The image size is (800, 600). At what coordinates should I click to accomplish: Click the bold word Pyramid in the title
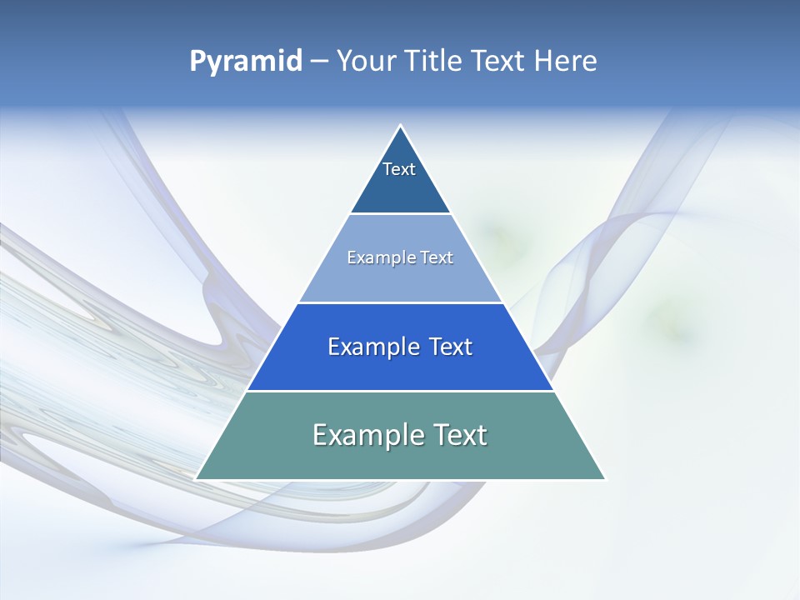[246, 62]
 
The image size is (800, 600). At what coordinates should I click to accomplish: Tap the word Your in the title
[367, 61]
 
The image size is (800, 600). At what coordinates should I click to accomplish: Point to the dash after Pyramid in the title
[318, 62]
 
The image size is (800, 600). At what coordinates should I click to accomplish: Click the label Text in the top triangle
[399, 169]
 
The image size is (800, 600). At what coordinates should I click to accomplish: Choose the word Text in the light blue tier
[437, 257]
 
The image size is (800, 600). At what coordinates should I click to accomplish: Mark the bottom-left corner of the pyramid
[197, 478]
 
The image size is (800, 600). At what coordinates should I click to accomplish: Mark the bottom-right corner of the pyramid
[604, 478]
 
